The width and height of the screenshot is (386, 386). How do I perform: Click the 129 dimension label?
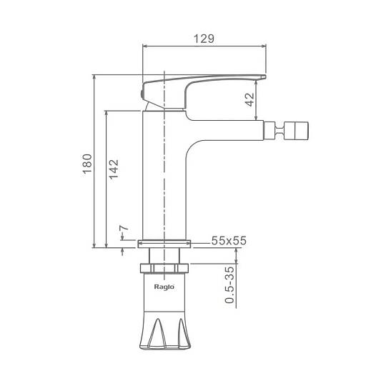click(204, 39)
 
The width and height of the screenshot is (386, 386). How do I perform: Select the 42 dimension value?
click(250, 99)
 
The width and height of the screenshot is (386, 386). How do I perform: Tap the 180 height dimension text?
click(87, 164)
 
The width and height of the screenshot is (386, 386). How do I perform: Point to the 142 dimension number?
click(114, 169)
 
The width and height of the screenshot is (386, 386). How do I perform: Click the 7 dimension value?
click(124, 228)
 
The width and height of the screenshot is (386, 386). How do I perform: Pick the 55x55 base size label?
click(229, 241)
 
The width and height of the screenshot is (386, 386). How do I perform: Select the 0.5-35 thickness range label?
click(230, 284)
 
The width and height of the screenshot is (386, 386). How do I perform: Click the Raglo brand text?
click(164, 287)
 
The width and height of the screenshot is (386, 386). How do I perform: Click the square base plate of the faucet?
click(164, 244)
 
